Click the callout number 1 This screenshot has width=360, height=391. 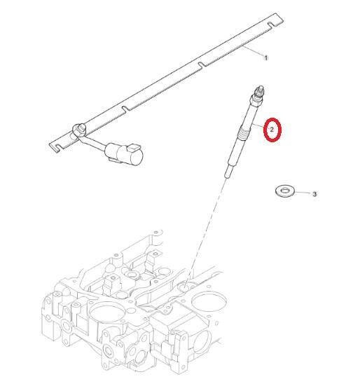point(266,58)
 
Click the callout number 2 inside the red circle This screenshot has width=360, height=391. point(272,130)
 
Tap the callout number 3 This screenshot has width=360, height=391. point(314,194)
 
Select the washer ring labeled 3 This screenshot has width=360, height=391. point(285,191)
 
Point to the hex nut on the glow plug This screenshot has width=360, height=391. point(256,100)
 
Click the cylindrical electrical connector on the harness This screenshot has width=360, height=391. point(124,154)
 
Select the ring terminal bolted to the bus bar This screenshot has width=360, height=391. point(79,129)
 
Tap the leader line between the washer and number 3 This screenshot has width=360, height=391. point(303,193)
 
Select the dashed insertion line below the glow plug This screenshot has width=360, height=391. point(207,231)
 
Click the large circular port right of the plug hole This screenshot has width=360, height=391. point(209,302)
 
